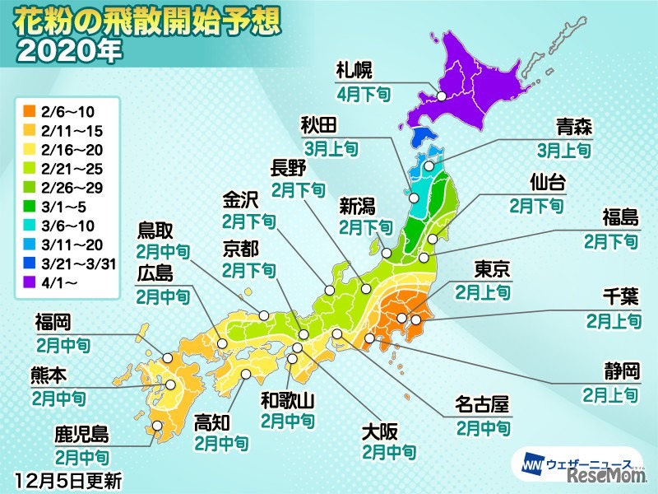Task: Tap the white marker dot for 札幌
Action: [441, 96]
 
